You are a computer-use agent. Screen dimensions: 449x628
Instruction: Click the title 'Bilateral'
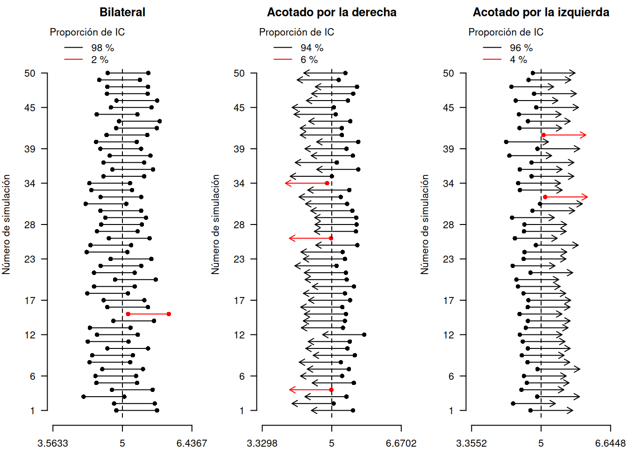[122, 12]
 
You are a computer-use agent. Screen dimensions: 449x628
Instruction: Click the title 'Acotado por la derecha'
[331, 12]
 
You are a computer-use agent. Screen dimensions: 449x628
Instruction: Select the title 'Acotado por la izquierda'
[541, 12]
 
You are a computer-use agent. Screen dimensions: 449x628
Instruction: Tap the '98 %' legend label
[102, 48]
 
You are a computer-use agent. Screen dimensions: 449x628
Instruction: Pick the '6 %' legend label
[309, 59]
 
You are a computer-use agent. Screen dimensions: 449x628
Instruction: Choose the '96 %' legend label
[521, 48]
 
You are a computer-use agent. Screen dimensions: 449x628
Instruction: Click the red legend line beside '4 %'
[492, 59]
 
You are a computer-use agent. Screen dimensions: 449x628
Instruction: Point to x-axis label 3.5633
[53, 443]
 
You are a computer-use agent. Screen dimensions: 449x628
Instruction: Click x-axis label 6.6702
[401, 443]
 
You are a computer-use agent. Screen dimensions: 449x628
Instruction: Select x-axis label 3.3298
[262, 443]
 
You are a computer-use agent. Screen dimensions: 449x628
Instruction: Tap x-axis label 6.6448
[610, 443]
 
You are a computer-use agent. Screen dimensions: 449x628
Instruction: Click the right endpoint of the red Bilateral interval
[169, 314]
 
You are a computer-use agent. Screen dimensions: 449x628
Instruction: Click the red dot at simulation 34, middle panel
[327, 183]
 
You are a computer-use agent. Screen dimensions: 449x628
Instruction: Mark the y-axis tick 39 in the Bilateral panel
[29, 149]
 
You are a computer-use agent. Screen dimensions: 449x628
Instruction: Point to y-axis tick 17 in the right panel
[448, 300]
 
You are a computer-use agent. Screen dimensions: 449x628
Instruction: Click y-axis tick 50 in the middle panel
[239, 73]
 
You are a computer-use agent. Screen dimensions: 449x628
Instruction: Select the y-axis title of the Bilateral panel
[6, 224]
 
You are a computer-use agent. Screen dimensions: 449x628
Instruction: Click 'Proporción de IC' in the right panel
[506, 32]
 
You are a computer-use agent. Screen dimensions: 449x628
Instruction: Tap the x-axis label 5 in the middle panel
[331, 443]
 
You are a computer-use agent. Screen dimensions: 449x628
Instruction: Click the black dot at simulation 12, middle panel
[364, 334]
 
